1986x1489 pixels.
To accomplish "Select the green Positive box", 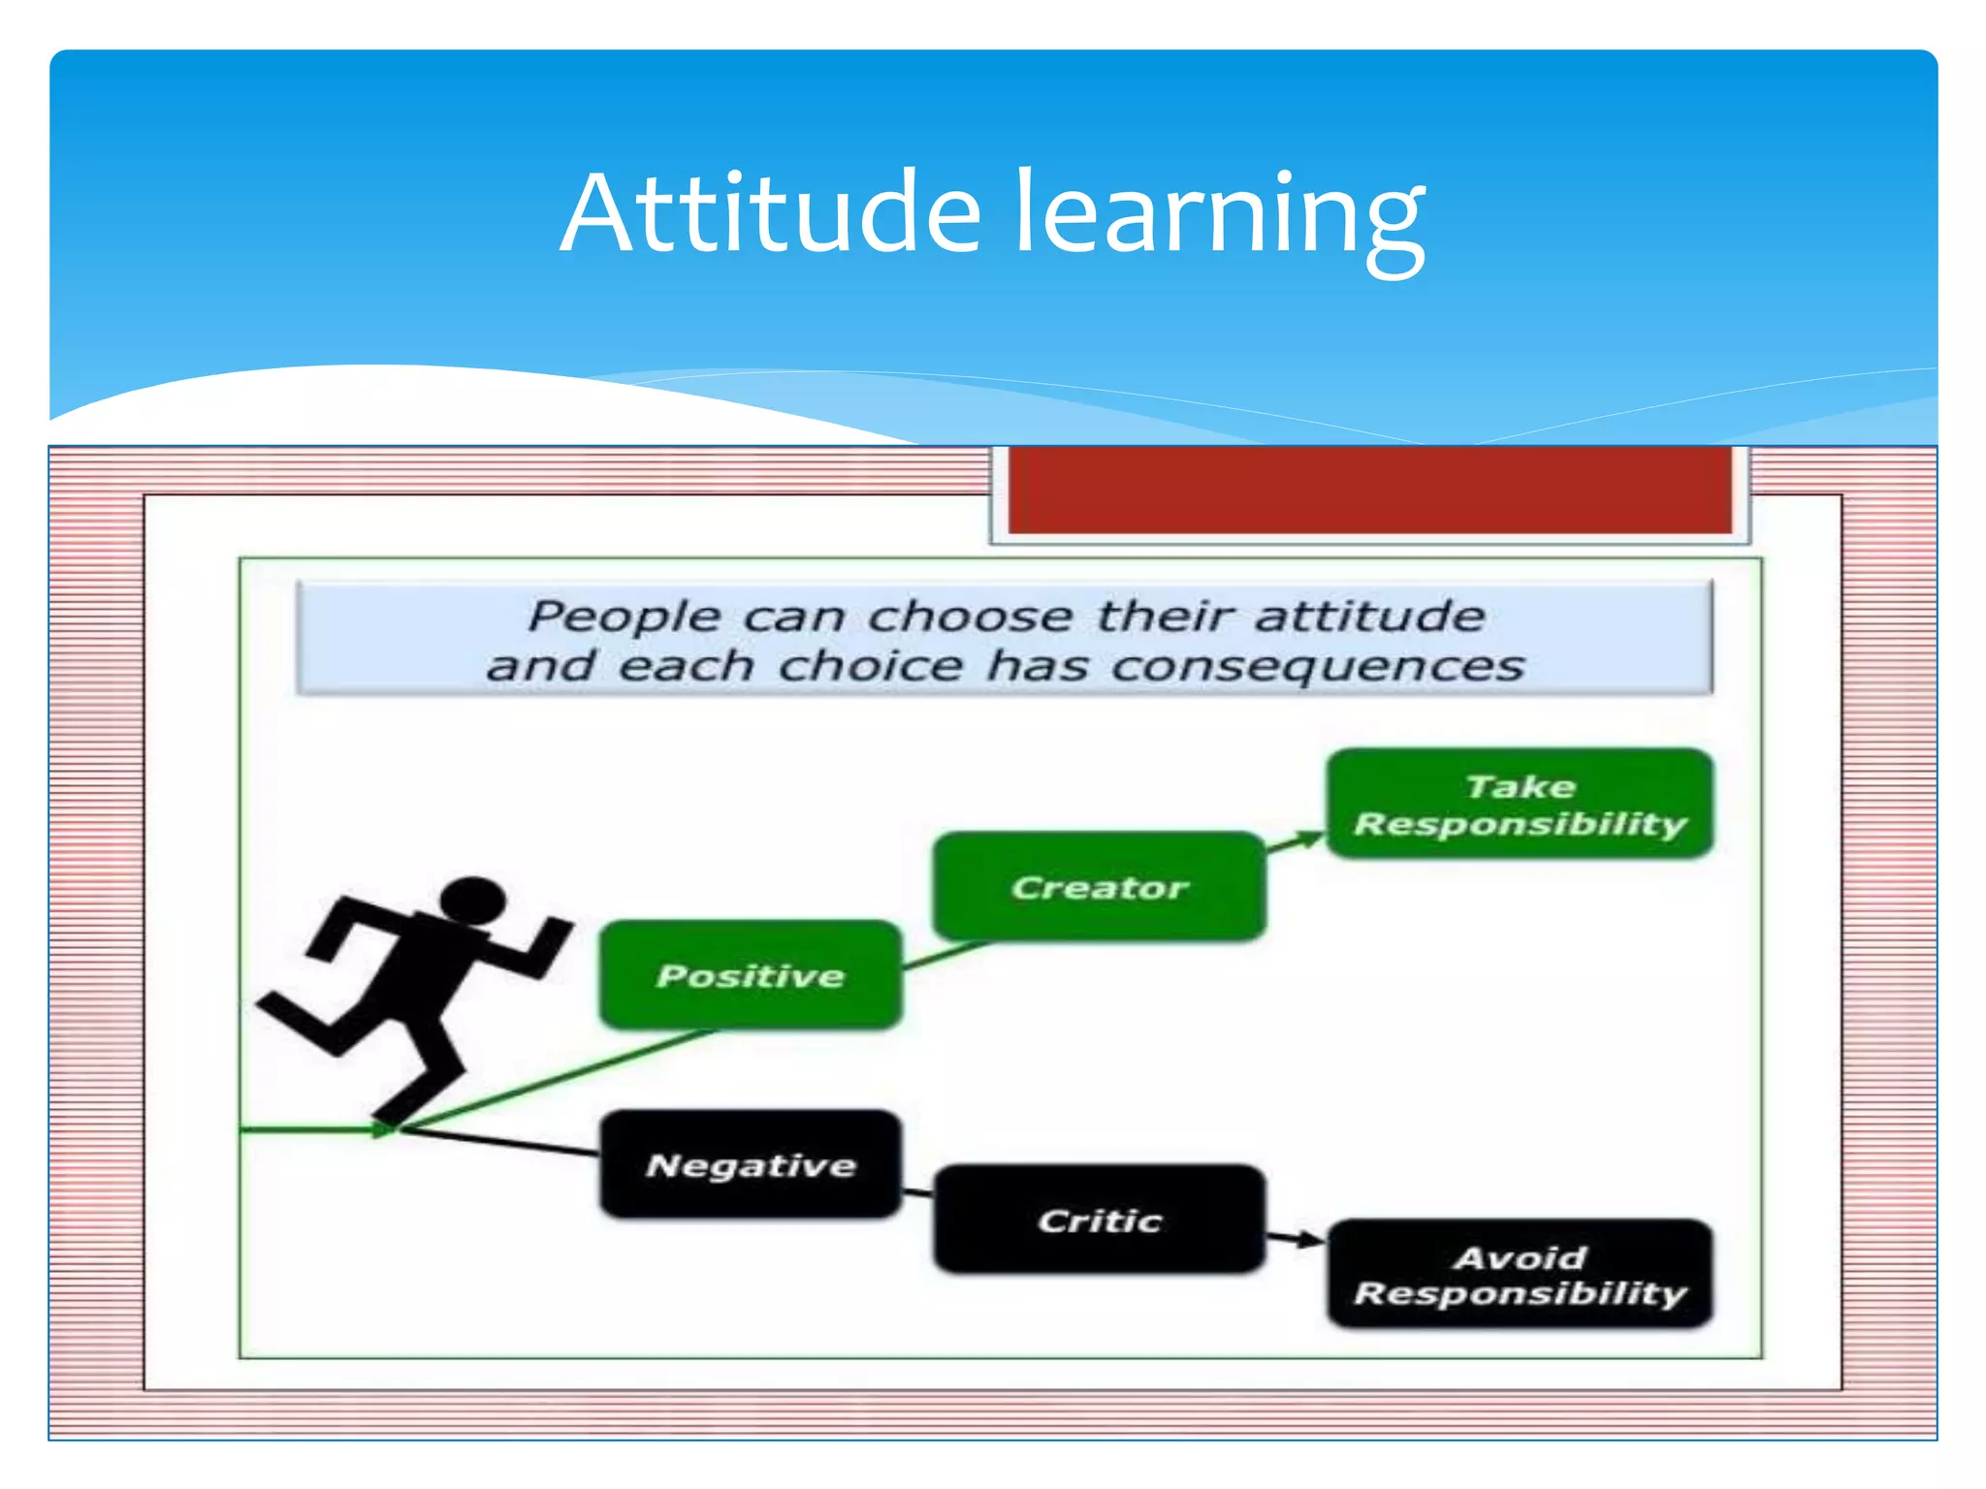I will pyautogui.click(x=751, y=975).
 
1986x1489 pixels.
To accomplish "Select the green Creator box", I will pyautogui.click(x=1099, y=887).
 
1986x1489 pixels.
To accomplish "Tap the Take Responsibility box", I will pyautogui.click(x=1520, y=804).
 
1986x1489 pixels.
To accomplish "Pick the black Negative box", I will pyautogui.click(x=751, y=1164).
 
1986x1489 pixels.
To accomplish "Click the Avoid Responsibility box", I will pyautogui.click(x=1520, y=1275).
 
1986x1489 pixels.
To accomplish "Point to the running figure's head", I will pyautogui.click(x=472, y=901).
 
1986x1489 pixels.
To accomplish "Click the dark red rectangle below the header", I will pyautogui.click(x=1369, y=490).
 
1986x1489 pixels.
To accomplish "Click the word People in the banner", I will pyautogui.click(x=624, y=617).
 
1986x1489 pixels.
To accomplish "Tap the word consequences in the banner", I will pyautogui.click(x=1317, y=667).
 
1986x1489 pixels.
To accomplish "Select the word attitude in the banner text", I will pyautogui.click(x=1369, y=617).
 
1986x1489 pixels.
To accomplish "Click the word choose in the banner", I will pyautogui.click(x=970, y=617).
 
